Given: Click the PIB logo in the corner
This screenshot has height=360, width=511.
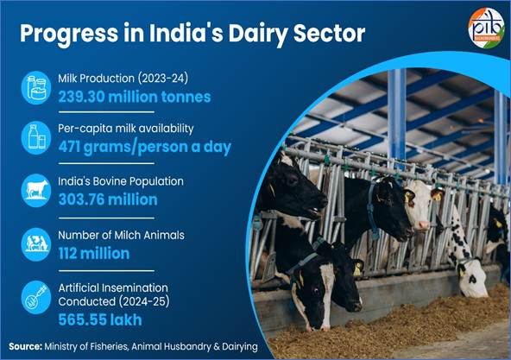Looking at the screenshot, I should (483, 27).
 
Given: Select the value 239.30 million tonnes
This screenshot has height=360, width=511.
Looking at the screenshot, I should (135, 96).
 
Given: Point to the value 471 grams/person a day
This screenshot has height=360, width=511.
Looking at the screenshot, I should (145, 147).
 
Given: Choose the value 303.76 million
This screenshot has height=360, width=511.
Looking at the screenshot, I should (108, 199).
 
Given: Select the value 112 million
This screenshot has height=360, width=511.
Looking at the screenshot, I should (94, 253).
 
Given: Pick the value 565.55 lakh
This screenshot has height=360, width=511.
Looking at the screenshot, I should (97, 319).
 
